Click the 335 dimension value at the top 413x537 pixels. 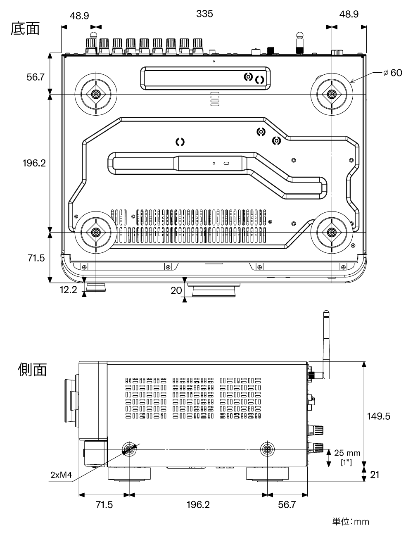coord(204,14)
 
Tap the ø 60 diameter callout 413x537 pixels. coord(393,73)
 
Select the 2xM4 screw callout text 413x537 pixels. coord(61,475)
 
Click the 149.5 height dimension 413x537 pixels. coord(378,416)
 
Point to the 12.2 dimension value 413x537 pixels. coord(69,290)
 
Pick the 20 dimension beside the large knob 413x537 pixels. coord(176,291)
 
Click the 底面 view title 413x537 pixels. coord(25,29)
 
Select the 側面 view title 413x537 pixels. coord(32,370)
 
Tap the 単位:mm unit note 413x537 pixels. coord(351,522)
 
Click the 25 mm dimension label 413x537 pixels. coord(347,453)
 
